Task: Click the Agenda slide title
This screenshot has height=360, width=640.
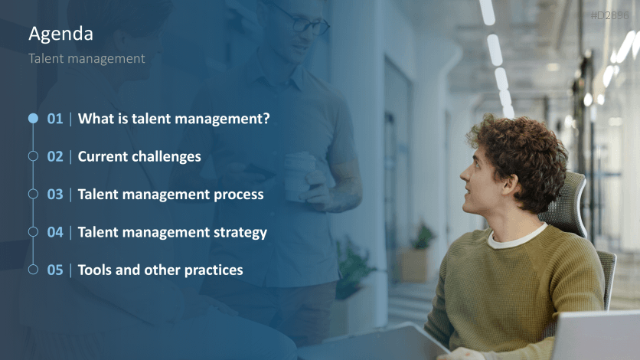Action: point(60,34)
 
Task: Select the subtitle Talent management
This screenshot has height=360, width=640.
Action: point(87,58)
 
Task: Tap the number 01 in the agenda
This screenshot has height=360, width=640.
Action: point(55,119)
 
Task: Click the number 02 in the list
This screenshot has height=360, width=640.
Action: point(55,156)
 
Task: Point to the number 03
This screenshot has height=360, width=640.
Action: point(55,194)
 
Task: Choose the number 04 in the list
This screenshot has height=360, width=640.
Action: point(55,231)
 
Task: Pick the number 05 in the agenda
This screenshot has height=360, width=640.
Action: point(55,270)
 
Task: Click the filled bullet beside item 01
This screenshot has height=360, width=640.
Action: point(33,119)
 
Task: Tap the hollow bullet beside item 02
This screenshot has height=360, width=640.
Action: point(33,156)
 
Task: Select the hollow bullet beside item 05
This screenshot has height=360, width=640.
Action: point(33,270)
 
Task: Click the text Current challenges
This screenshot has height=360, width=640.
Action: point(139,156)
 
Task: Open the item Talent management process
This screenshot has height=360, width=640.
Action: point(171,194)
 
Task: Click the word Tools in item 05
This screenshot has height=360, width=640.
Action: point(96,270)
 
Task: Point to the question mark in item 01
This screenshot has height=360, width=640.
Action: point(266,119)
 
